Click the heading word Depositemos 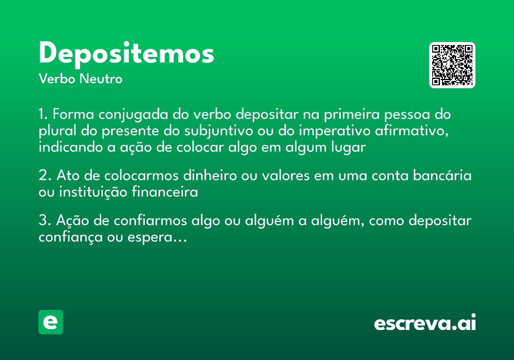(126, 54)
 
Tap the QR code (452, 65)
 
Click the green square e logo (51, 322)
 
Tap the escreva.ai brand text (425, 323)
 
